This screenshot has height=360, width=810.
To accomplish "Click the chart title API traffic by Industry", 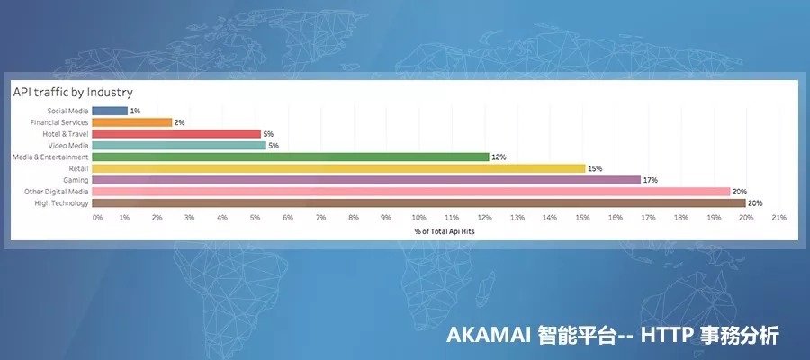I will point(73,92).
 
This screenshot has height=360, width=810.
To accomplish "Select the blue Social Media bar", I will point(110,111).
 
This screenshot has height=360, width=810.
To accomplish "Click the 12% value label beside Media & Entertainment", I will point(499,157).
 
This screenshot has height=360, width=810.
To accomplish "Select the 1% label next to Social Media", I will point(135,111).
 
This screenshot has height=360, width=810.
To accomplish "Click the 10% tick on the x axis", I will point(418,218).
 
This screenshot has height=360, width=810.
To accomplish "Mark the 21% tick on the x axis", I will point(778,218).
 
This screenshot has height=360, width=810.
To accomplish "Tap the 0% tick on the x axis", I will point(97,218).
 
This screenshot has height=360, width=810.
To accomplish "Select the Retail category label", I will point(78,168).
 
